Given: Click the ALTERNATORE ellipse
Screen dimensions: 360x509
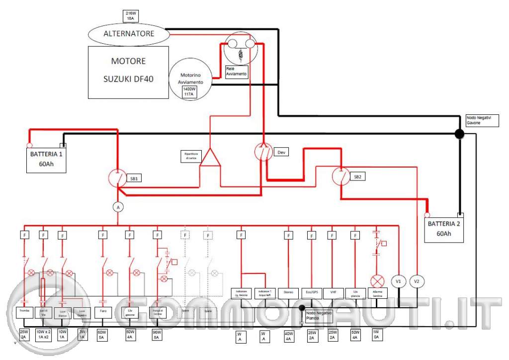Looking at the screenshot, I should click(x=129, y=34).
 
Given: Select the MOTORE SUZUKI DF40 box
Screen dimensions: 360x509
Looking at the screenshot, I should click(x=128, y=72).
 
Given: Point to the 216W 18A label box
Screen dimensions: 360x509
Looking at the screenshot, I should click(x=130, y=15).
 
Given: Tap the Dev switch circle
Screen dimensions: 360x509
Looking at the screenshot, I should click(x=263, y=152).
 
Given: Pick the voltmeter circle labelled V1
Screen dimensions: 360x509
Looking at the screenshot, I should click(x=399, y=281).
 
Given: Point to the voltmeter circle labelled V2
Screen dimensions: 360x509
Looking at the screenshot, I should click(x=417, y=281).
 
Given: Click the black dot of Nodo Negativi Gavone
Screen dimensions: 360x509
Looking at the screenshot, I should click(x=459, y=134).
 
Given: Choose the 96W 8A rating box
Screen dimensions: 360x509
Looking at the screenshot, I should click(x=157, y=334).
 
